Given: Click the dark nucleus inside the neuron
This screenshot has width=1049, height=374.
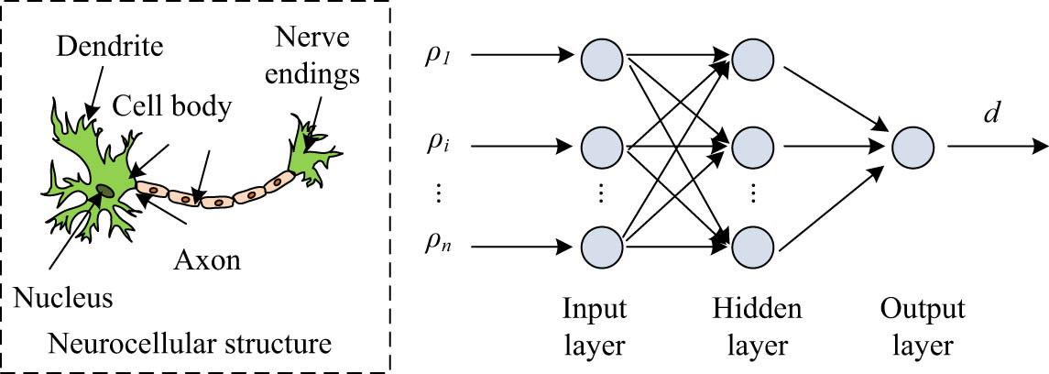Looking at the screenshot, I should [106, 190].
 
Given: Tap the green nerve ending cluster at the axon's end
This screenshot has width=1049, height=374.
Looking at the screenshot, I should [310, 151].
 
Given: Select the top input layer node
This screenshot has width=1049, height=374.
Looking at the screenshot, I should [600, 57].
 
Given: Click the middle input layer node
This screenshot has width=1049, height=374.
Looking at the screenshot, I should [600, 145].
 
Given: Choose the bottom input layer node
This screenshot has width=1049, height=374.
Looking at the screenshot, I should [600, 246].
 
